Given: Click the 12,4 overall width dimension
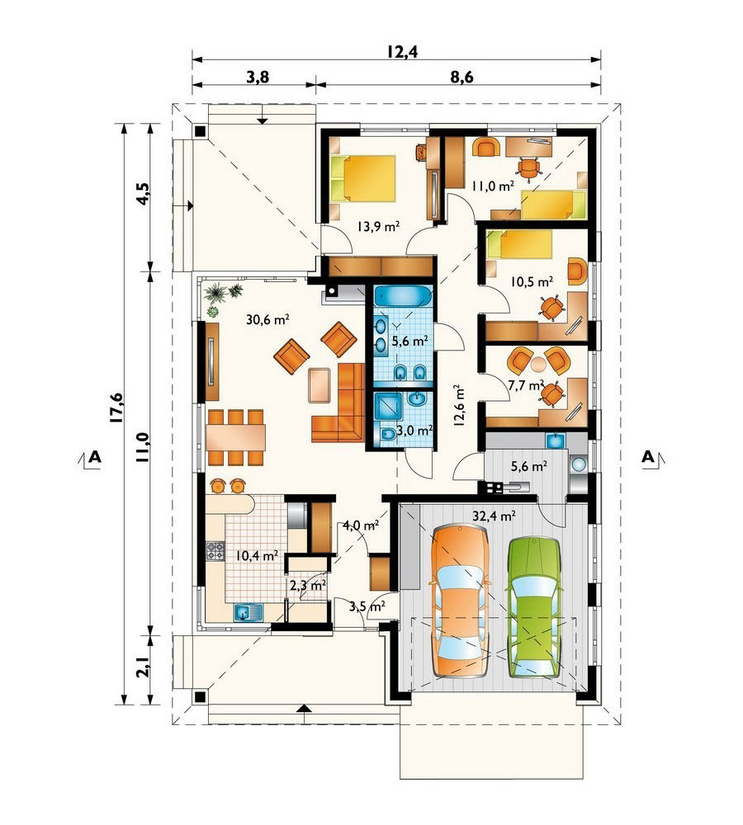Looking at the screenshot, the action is [x=402, y=51].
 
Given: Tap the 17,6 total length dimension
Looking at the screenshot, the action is [x=117, y=408].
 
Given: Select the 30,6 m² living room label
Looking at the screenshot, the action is [x=267, y=318].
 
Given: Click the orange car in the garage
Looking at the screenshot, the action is [x=460, y=601].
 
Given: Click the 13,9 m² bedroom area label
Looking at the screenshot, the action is [x=378, y=227].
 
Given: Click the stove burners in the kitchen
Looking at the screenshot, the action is [x=215, y=551].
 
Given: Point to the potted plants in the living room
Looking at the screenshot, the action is [x=223, y=297].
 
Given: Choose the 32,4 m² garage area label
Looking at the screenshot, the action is [x=494, y=516].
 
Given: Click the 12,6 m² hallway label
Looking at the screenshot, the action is [x=459, y=404].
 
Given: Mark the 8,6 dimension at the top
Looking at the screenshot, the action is [x=461, y=78].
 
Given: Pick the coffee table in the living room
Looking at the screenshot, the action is [x=319, y=385].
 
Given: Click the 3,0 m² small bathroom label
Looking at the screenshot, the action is [x=414, y=431].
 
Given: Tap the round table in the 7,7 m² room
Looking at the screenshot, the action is [x=539, y=364].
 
